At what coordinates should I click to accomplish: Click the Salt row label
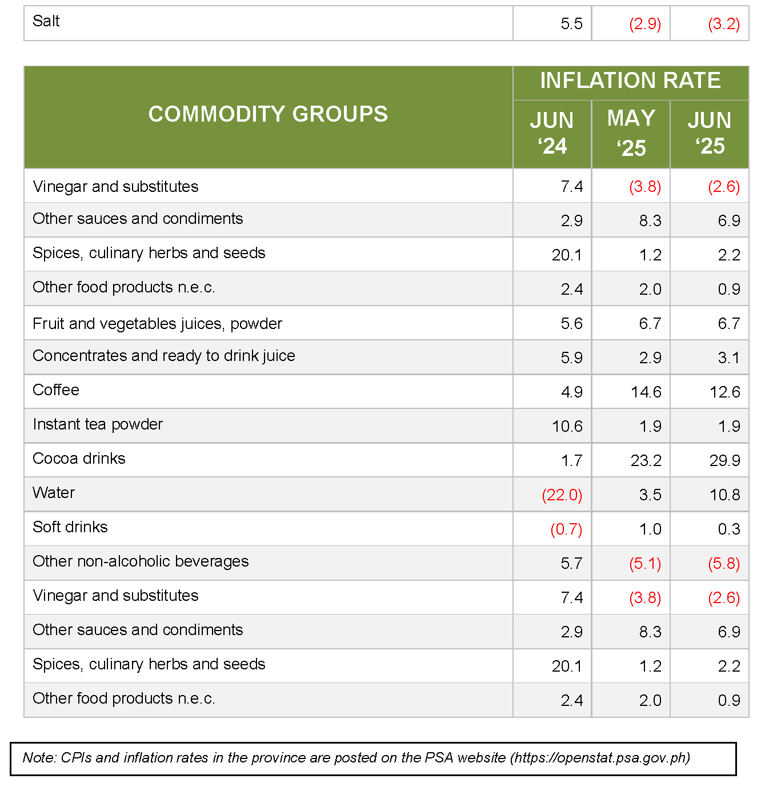click(x=46, y=21)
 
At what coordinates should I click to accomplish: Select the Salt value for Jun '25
click(x=724, y=24)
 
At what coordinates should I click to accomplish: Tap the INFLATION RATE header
click(x=630, y=80)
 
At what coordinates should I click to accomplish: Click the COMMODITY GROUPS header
click(x=268, y=114)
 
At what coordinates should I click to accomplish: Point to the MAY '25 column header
click(x=631, y=132)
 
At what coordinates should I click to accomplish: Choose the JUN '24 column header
click(x=552, y=132)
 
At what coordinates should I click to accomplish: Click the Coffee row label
click(x=56, y=390)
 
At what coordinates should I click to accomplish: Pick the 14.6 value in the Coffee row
click(x=646, y=392)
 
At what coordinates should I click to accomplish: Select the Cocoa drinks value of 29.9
click(x=725, y=460)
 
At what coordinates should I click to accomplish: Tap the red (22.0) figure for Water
click(x=562, y=495)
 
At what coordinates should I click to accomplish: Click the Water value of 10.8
click(x=725, y=495)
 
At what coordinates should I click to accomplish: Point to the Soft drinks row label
click(x=70, y=527)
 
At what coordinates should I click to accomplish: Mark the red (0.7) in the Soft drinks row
click(x=566, y=529)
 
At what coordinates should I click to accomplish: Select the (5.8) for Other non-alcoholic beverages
click(x=724, y=563)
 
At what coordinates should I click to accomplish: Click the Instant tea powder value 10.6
click(x=567, y=426)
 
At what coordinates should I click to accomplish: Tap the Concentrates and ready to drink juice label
click(x=164, y=356)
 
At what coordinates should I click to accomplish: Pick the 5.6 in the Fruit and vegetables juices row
click(x=571, y=323)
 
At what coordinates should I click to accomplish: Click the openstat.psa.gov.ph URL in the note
click(x=600, y=757)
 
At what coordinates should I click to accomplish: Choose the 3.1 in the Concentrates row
click(x=729, y=358)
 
